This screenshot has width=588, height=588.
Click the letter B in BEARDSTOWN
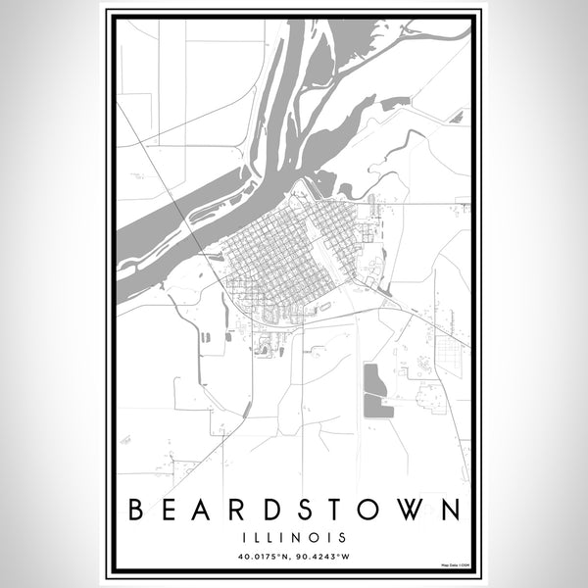click(x=135, y=510)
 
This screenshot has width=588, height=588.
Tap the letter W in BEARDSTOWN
click(x=413, y=510)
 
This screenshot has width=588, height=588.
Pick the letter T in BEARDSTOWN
click(x=341, y=510)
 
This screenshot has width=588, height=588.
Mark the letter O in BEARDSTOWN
click(x=375, y=510)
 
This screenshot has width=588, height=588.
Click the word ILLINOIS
click(x=294, y=537)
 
